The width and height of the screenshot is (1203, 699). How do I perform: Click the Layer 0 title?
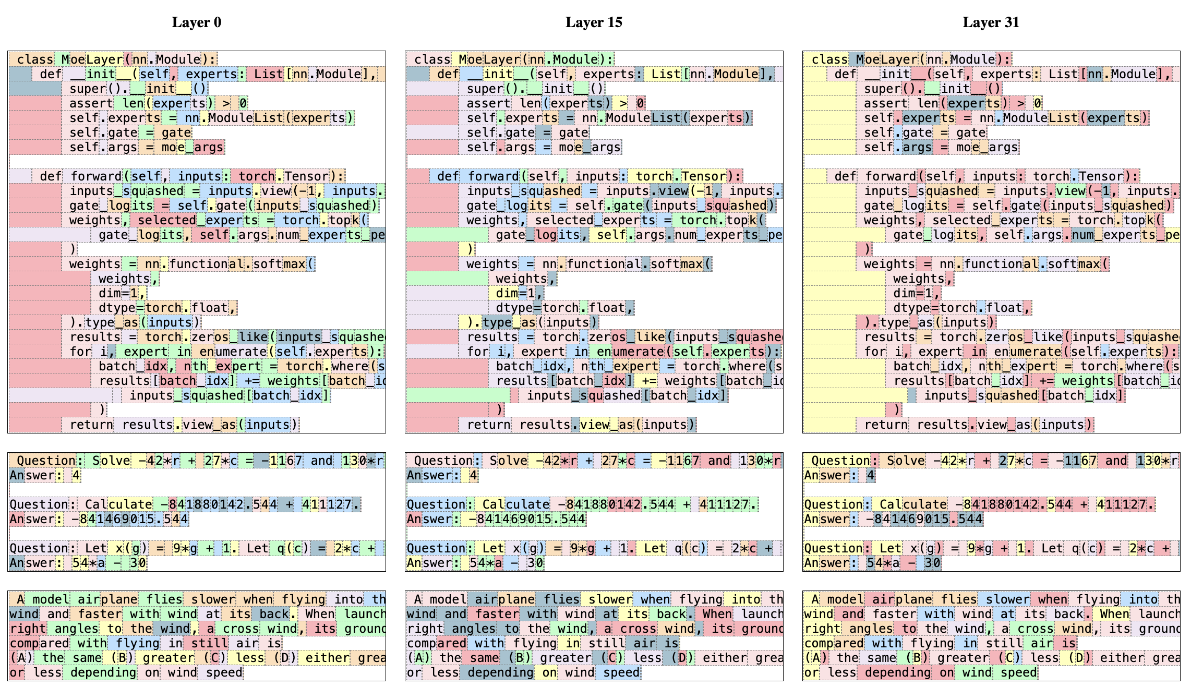pyautogui.click(x=197, y=22)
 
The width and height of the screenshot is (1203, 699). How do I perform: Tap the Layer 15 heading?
pyautogui.click(x=594, y=22)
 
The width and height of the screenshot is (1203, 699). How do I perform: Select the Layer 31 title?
pyautogui.click(x=991, y=22)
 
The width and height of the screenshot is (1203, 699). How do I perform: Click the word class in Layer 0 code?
pyautogui.click(x=35, y=59)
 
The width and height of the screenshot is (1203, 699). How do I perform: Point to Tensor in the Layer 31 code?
pyautogui.click(x=1101, y=176)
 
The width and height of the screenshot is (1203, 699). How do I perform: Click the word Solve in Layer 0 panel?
pyautogui.click(x=111, y=461)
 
